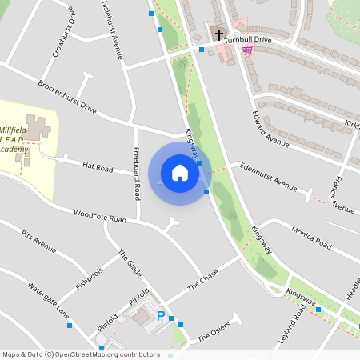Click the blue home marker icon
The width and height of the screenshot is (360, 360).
[180, 173]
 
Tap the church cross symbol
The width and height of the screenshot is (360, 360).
[219, 35]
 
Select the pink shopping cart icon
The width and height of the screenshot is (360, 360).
[247, 50]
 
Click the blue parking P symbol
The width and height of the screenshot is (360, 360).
[161, 317]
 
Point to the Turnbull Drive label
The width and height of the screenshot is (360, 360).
[248, 39]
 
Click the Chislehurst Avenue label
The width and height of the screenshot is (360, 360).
[111, 32]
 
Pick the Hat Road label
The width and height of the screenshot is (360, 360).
[98, 166]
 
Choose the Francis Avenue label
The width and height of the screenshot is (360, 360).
[341, 196]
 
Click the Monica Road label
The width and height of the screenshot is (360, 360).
[311, 238]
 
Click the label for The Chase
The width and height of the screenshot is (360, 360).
[202, 281]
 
